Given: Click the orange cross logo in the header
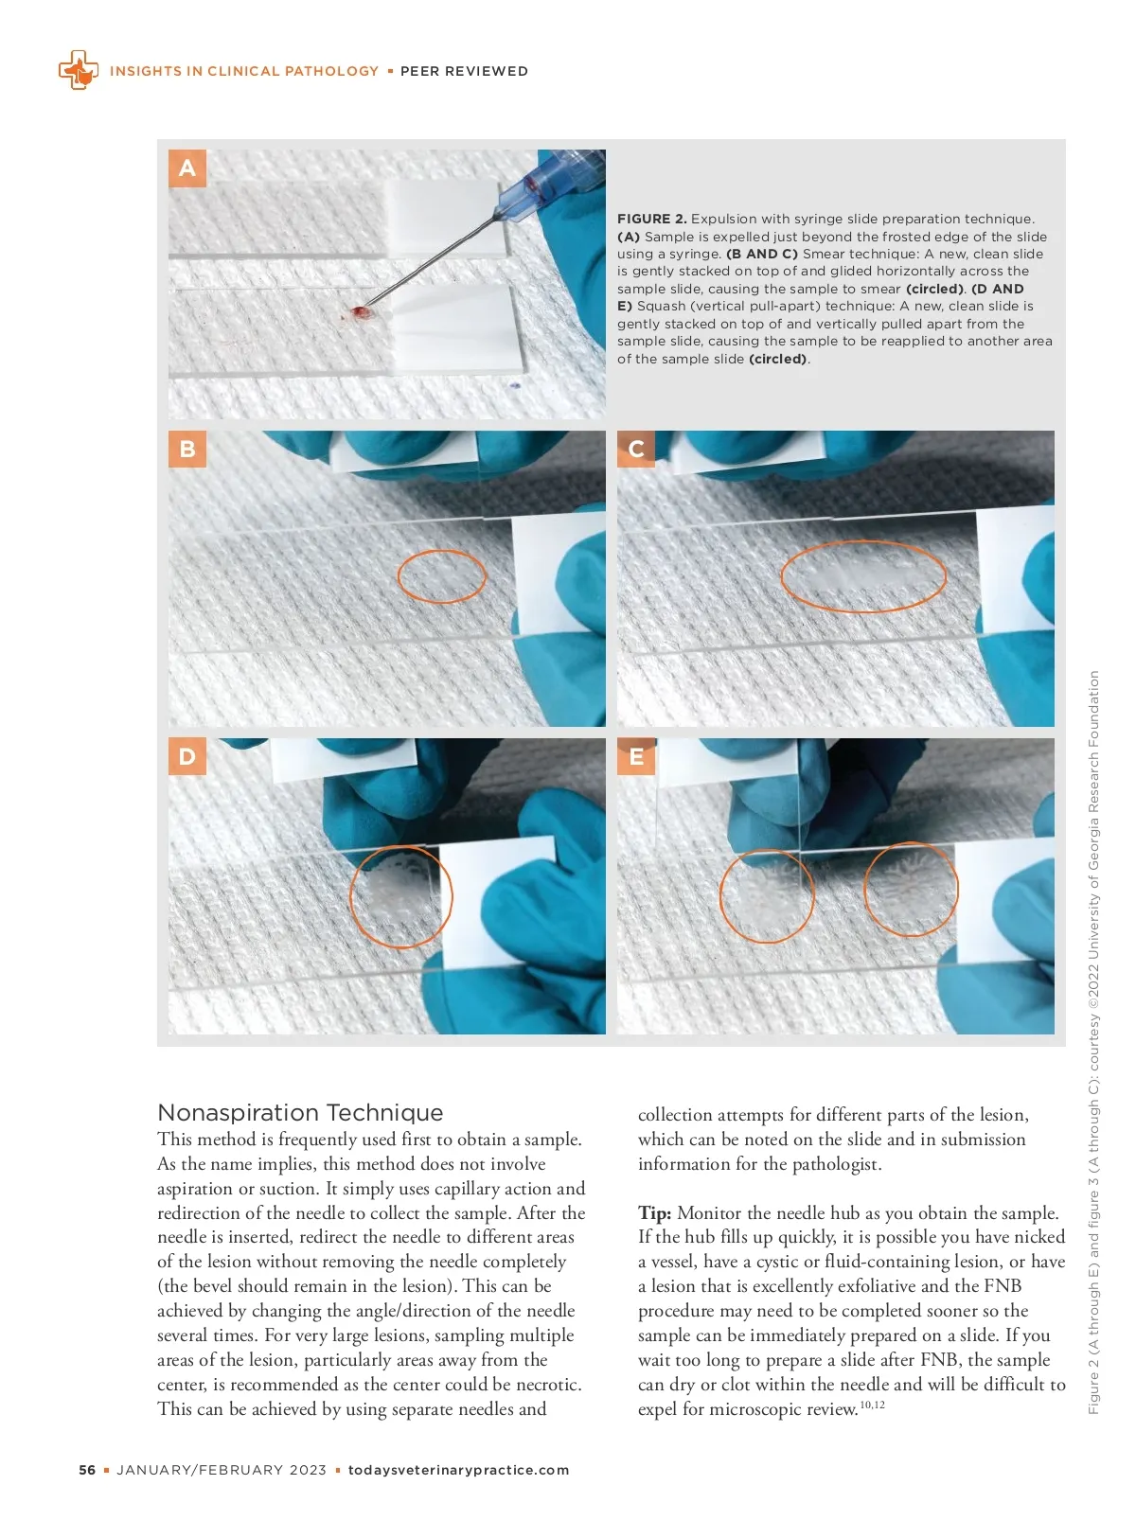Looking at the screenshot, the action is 79,69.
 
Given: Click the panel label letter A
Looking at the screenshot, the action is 187,168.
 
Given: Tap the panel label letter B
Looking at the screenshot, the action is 187,449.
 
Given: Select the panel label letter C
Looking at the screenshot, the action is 636,449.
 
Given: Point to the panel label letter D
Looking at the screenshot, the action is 187,756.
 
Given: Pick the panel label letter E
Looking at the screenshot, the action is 636,756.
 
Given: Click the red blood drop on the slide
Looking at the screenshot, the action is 361,313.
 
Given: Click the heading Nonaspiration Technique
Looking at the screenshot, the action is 300,1112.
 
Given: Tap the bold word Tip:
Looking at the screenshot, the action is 654,1213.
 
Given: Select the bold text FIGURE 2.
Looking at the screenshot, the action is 652,219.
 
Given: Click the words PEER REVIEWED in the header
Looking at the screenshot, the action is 464,71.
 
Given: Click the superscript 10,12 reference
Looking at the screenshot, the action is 872,1405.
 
